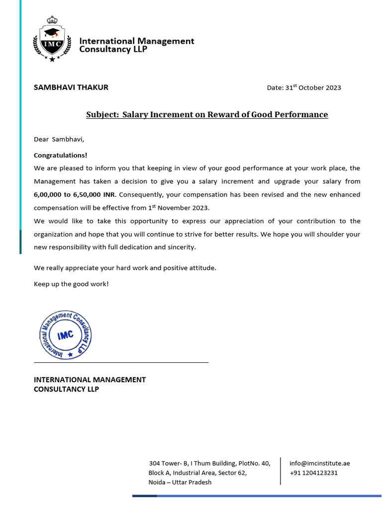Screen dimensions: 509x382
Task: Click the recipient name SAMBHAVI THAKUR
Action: pyautogui.click(x=71, y=87)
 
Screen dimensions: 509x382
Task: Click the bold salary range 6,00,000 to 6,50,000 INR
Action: pyautogui.click(x=71, y=194)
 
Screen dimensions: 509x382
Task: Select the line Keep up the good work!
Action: pyautogui.click(x=71, y=284)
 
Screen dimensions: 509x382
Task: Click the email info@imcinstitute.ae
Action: pyautogui.click(x=320, y=463)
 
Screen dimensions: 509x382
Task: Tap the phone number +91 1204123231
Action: pyautogui.click(x=313, y=473)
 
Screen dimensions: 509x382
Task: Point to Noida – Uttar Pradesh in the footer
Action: pyautogui.click(x=180, y=482)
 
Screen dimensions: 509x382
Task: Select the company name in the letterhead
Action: pyautogui.click(x=137, y=45)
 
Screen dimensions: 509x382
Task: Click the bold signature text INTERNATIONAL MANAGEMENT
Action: pyautogui.click(x=90, y=380)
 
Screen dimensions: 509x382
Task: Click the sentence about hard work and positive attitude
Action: pyautogui.click(x=125, y=268)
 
